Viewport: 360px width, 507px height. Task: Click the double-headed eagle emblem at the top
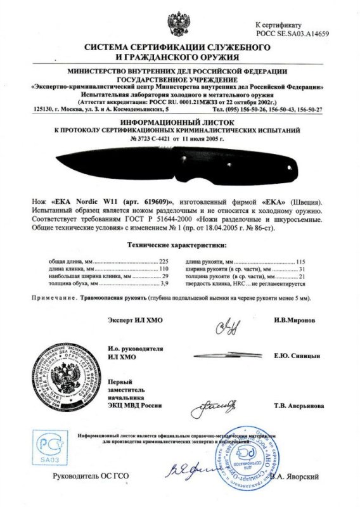tap(179, 20)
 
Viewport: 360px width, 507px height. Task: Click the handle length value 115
tap(302, 261)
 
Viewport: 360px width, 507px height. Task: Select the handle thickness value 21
tap(304, 278)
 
